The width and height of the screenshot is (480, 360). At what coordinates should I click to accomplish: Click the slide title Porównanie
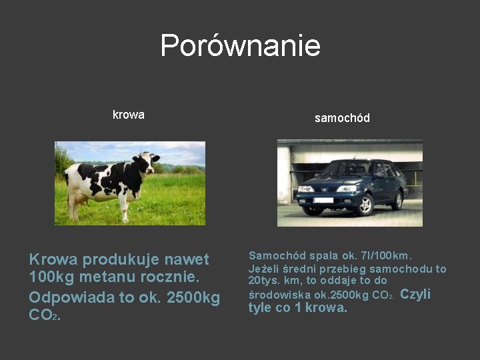[240, 46]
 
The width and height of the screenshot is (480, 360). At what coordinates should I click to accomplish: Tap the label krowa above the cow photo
[129, 115]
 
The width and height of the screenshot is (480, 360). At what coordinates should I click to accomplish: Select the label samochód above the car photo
[342, 118]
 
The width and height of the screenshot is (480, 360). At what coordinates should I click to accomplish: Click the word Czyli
[415, 294]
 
